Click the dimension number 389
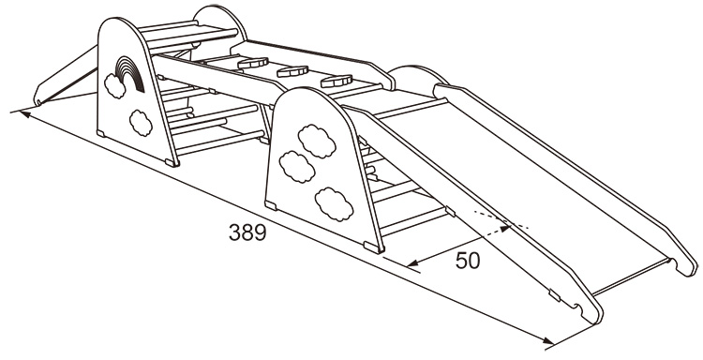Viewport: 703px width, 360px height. tap(247, 232)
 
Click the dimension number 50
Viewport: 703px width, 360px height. tap(468, 261)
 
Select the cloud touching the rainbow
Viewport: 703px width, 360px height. tap(115, 85)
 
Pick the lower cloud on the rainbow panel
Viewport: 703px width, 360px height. tap(141, 123)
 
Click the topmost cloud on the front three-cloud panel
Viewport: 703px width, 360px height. tap(317, 142)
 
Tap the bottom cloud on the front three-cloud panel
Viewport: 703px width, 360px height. tap(334, 204)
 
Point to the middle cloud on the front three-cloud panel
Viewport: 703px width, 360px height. tap(297, 167)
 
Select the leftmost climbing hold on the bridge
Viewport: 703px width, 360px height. tap(253, 63)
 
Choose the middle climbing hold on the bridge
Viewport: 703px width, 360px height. tap(292, 71)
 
